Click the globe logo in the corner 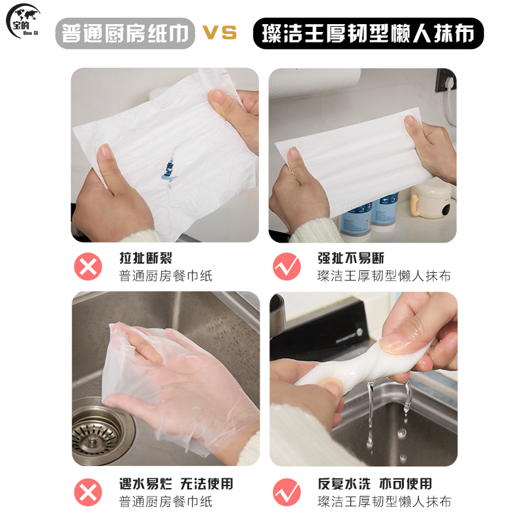pyautogui.click(x=23, y=21)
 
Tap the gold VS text pyautogui.click(x=220, y=33)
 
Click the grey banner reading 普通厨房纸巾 pyautogui.click(x=125, y=33)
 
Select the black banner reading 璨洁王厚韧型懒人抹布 pyautogui.click(x=368, y=33)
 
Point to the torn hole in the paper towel pyautogui.click(x=169, y=170)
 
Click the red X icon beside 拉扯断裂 pyautogui.click(x=88, y=267)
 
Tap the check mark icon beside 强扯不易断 pyautogui.click(x=286, y=267)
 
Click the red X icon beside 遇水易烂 pyautogui.click(x=88, y=493)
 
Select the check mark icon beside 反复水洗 pyautogui.click(x=286, y=493)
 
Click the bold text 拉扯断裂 pyautogui.click(x=146, y=258)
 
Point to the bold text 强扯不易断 pyautogui.click(x=351, y=258)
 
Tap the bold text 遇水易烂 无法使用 pyautogui.click(x=176, y=484)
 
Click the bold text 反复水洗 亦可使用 pyautogui.click(x=375, y=484)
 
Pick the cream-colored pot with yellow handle pyautogui.click(x=431, y=198)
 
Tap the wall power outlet pyautogui.click(x=446, y=81)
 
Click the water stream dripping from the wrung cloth pyautogui.click(x=370, y=413)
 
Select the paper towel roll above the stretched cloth pyautogui.click(x=315, y=83)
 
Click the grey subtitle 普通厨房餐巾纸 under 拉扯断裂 pyautogui.click(x=166, y=276)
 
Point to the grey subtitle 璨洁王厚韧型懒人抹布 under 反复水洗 pyautogui.click(x=384, y=502)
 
